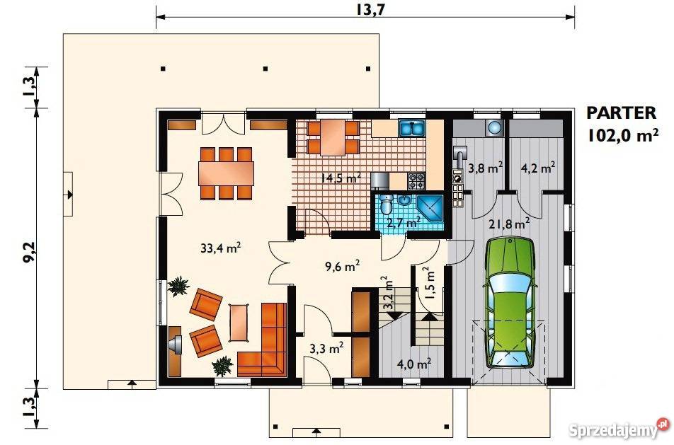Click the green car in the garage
[510, 302]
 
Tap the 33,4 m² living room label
[220, 248]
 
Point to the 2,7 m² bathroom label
[404, 223]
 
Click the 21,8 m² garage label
[509, 224]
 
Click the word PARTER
[622, 113]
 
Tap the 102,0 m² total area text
[623, 135]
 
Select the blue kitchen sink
[412, 128]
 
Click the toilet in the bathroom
[387, 204]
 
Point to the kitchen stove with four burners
[416, 181]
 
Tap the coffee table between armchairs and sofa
[239, 323]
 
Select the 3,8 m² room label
[485, 168]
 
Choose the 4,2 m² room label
[537, 168]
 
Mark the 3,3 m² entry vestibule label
[326, 348]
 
